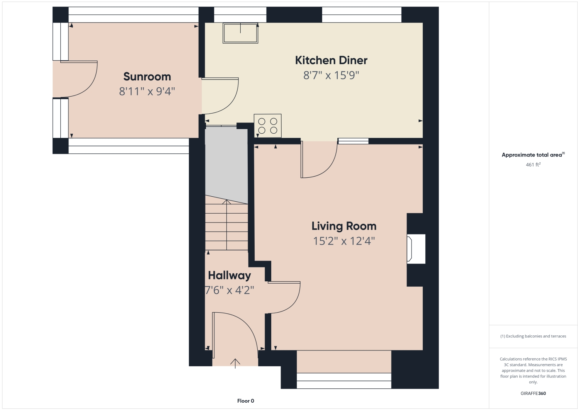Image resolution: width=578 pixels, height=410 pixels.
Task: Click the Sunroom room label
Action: tap(147, 77)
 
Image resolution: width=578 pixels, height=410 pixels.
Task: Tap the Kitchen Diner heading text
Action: tap(331, 60)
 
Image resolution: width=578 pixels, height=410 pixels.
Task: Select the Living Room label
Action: tap(344, 226)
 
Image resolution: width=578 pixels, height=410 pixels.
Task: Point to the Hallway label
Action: tap(229, 276)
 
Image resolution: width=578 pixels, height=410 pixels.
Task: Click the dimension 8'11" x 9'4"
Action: tap(147, 92)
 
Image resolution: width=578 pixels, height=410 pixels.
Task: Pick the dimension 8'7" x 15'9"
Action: tap(331, 75)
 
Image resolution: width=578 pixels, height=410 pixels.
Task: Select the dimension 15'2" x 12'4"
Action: tap(344, 241)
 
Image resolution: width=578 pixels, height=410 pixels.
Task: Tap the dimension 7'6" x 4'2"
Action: tap(229, 290)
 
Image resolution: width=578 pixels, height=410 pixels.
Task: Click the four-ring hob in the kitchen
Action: tap(268, 126)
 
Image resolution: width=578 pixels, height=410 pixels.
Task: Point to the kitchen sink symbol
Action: tap(240, 33)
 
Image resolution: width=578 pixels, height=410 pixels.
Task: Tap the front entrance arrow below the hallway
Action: tap(235, 363)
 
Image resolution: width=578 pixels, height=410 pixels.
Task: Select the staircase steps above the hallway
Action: tap(226, 226)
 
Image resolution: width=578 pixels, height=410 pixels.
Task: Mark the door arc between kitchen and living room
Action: tap(319, 159)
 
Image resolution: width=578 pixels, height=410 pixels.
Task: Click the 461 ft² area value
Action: tap(533, 165)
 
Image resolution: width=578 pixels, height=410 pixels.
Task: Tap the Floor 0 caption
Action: tap(245, 401)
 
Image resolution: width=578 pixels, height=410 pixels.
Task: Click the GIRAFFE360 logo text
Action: tap(533, 393)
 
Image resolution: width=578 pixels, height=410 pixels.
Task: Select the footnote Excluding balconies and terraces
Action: tap(533, 336)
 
